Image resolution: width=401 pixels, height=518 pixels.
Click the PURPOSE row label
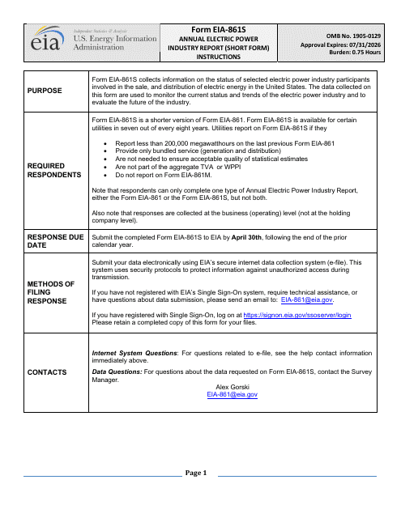click(x=47, y=91)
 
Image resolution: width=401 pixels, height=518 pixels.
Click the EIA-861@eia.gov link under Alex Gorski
click(x=232, y=393)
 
